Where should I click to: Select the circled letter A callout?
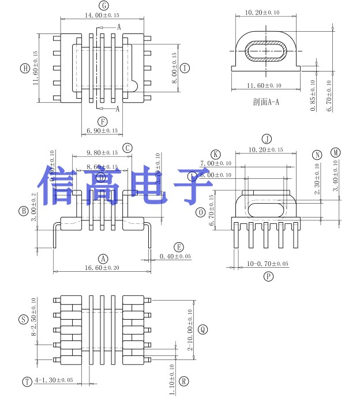[103, 258]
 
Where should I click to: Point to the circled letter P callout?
[268, 276]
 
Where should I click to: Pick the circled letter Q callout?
[202, 329]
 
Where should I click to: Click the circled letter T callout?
[27, 381]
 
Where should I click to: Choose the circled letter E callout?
[179, 246]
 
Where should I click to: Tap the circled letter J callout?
[267, 139]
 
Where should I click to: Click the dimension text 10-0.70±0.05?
[268, 264]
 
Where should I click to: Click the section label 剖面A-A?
[266, 102]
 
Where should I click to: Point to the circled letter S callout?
[23, 319]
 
